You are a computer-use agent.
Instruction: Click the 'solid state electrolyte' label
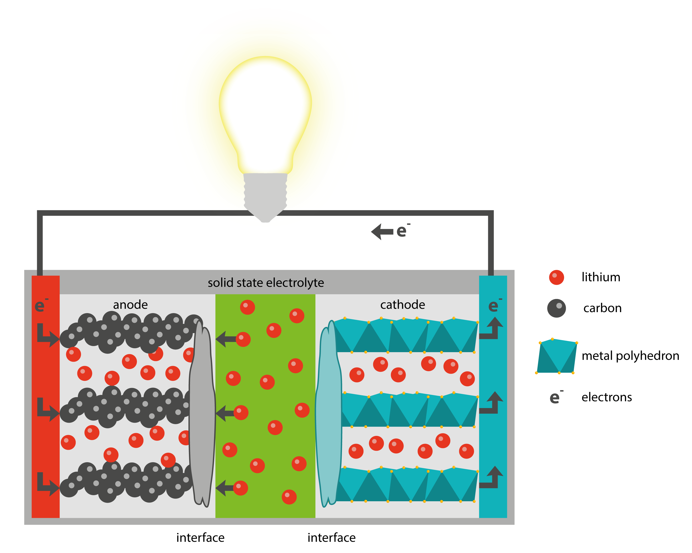click(x=266, y=283)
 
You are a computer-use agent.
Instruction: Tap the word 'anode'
click(x=130, y=305)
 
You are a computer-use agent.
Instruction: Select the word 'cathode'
click(x=403, y=305)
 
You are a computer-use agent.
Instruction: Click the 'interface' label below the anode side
click(x=200, y=538)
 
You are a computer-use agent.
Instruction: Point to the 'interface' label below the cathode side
click(x=331, y=538)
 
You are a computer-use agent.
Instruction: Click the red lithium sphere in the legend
click(x=556, y=277)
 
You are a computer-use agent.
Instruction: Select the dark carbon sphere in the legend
click(x=556, y=308)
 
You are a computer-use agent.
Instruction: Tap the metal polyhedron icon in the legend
click(x=556, y=356)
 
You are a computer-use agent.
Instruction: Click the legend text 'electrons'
click(x=607, y=397)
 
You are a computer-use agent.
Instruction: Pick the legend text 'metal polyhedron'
click(x=630, y=356)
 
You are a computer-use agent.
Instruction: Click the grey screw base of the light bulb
click(x=265, y=196)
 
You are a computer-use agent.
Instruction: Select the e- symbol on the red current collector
click(x=41, y=305)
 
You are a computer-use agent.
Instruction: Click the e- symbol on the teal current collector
click(x=494, y=305)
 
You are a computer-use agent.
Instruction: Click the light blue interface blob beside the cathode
click(x=328, y=414)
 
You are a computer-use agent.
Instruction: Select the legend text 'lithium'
click(x=601, y=277)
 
